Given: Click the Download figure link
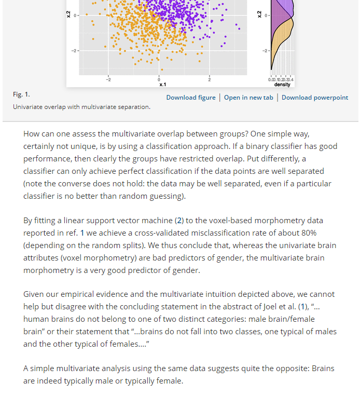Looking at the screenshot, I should click(x=191, y=98).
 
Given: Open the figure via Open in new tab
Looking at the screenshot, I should click(x=248, y=98).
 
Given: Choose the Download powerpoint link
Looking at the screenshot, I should click(x=315, y=98).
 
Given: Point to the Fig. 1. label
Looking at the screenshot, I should click(x=21, y=94).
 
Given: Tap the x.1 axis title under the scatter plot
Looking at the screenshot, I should click(x=162, y=84).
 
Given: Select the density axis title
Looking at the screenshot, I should click(x=282, y=84).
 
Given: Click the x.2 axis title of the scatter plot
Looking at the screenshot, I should click(x=67, y=15).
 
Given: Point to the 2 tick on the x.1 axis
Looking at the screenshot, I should click(x=210, y=79).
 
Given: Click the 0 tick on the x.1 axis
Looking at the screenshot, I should click(x=159, y=79).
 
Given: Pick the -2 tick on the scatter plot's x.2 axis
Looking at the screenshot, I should click(x=74, y=50).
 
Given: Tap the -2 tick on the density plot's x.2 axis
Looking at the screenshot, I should click(x=265, y=50).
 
